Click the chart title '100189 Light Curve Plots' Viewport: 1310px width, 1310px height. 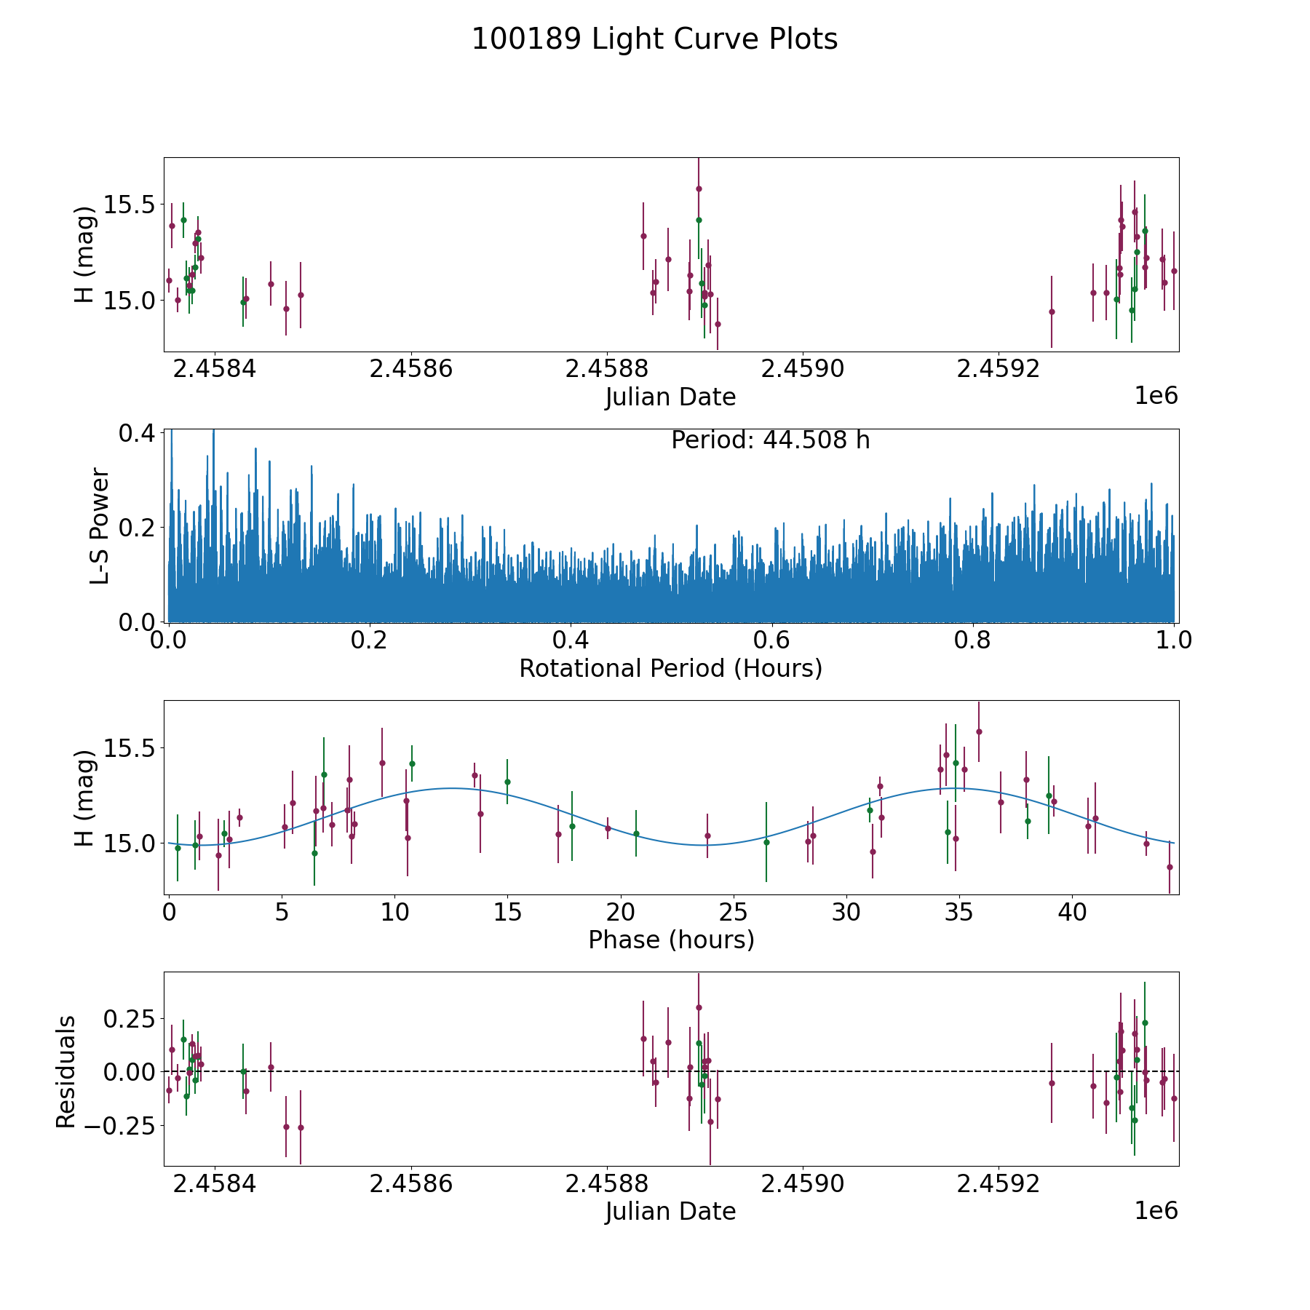coord(654,39)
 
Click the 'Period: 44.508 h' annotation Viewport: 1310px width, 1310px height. coord(770,440)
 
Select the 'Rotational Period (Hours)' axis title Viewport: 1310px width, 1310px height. coord(670,668)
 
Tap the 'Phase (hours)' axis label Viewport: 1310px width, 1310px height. coord(670,940)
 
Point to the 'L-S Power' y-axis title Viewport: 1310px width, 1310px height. coord(100,526)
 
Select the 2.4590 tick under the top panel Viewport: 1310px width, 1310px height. coord(802,369)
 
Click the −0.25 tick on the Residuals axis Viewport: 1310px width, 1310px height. coord(125,1126)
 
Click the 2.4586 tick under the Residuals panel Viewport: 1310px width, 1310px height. coord(410,1183)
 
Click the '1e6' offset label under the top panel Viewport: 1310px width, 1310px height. coord(1156,396)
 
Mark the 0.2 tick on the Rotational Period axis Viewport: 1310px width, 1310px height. coord(370,641)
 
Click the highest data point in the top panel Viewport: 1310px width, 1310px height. coord(699,188)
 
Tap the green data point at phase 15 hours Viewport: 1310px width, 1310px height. coord(507,782)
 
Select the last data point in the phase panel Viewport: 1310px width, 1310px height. coord(1170,867)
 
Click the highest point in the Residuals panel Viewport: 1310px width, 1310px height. coord(699,1007)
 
